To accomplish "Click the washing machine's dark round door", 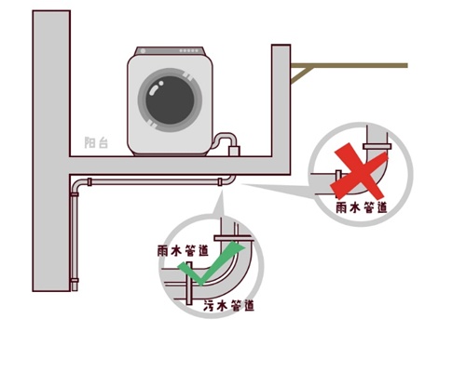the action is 170,100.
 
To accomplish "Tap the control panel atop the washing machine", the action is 170,51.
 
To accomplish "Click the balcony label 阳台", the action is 96,142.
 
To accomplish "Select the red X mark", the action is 359,171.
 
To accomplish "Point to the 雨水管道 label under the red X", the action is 362,207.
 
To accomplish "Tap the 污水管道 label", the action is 229,306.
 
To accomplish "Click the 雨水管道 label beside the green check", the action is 183,250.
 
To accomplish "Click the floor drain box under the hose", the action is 234,151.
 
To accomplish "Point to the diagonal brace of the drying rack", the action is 300,75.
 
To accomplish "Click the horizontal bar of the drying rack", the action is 349,65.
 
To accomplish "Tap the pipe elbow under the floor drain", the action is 229,180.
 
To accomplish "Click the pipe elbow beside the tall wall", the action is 76,185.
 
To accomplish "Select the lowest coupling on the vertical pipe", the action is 75,281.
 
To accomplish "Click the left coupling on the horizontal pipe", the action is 89,182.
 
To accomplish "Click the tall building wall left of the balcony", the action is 51,151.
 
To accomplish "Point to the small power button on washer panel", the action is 144,51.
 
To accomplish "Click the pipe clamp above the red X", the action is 377,146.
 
